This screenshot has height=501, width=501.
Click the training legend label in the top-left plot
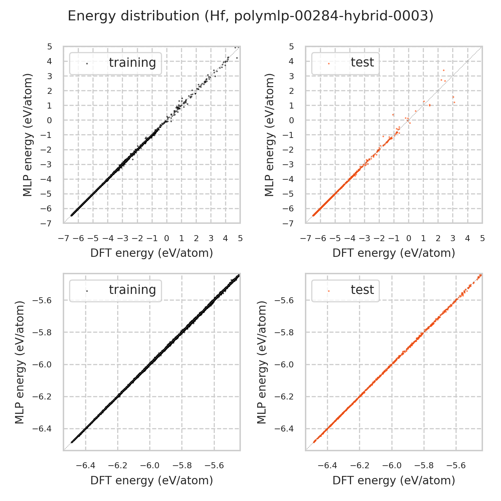(132, 63)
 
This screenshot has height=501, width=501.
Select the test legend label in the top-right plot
(362, 63)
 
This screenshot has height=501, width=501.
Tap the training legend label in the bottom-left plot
(132, 290)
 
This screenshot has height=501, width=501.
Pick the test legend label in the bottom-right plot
(362, 290)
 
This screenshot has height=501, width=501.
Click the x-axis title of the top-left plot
(152, 253)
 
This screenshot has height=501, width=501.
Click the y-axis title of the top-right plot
(269, 135)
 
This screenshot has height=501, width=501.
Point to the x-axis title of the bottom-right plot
(394, 480)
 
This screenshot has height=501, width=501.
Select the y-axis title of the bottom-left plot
(20, 362)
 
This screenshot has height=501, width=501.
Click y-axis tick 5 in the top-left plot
(50, 46)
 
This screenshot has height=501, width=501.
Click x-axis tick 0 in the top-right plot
(408, 238)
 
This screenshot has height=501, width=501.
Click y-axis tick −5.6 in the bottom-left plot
(42, 300)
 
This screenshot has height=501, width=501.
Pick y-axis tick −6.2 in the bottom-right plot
(284, 397)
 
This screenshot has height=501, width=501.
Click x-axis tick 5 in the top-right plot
(482, 238)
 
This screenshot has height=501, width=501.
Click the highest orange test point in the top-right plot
(444, 70)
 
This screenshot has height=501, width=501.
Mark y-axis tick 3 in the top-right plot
(292, 76)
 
